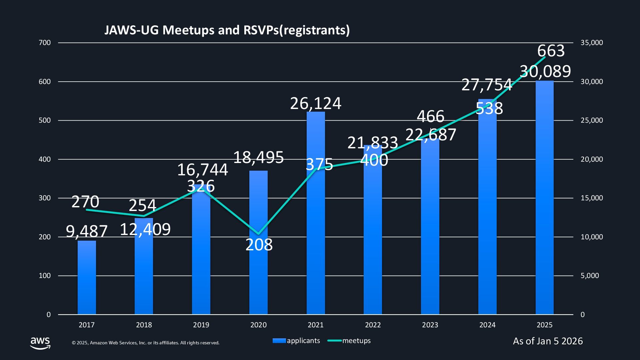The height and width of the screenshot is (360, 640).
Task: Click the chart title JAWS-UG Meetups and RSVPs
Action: (227, 30)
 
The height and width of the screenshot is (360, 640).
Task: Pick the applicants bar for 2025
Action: (544, 200)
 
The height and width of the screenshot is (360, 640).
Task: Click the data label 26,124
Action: (316, 103)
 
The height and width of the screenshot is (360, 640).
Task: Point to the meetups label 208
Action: (259, 245)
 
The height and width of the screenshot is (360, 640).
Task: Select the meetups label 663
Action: (551, 51)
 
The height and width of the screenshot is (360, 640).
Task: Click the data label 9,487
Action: (87, 231)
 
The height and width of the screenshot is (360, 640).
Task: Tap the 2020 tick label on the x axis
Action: (258, 325)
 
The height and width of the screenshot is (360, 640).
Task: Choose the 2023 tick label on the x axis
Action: (430, 325)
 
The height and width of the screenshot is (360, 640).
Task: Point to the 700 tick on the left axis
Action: (45, 43)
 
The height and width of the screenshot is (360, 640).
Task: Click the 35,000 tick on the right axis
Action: (592, 43)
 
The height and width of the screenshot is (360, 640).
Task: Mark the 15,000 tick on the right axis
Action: (592, 198)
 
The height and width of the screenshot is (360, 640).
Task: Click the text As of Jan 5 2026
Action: (548, 341)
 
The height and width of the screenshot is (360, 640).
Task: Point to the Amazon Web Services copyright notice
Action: (146, 343)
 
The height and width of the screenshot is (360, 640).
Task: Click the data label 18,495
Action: (258, 157)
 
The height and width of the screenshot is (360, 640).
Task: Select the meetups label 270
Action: (85, 202)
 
